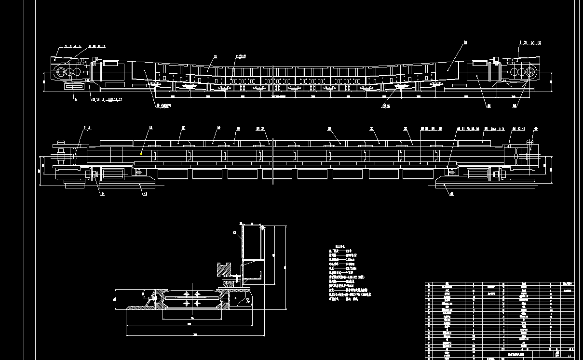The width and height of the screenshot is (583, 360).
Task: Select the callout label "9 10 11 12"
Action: pyautogui.click(x=97, y=46)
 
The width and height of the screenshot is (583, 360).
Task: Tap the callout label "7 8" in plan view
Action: pyautogui.click(x=87, y=128)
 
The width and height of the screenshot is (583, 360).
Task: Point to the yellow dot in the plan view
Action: pyautogui.click(x=141, y=153)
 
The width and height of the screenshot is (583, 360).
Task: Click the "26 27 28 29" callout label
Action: pyautogui.click(x=431, y=129)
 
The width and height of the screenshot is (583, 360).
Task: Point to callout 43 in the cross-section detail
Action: pyautogui.click(x=235, y=233)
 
